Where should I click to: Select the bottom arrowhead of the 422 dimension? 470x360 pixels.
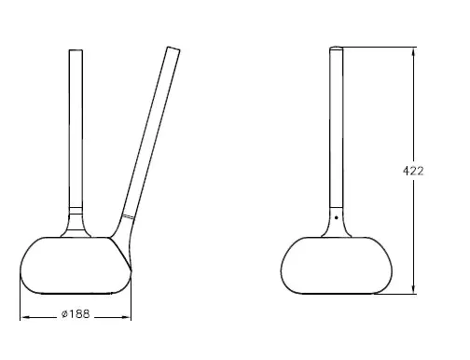pos(411,292)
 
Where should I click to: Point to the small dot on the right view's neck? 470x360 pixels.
pos(336,218)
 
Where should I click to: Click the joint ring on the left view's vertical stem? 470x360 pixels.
pos(75,207)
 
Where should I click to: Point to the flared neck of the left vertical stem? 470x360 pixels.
pos(75,224)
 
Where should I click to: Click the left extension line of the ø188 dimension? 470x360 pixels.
pos(21,303)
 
